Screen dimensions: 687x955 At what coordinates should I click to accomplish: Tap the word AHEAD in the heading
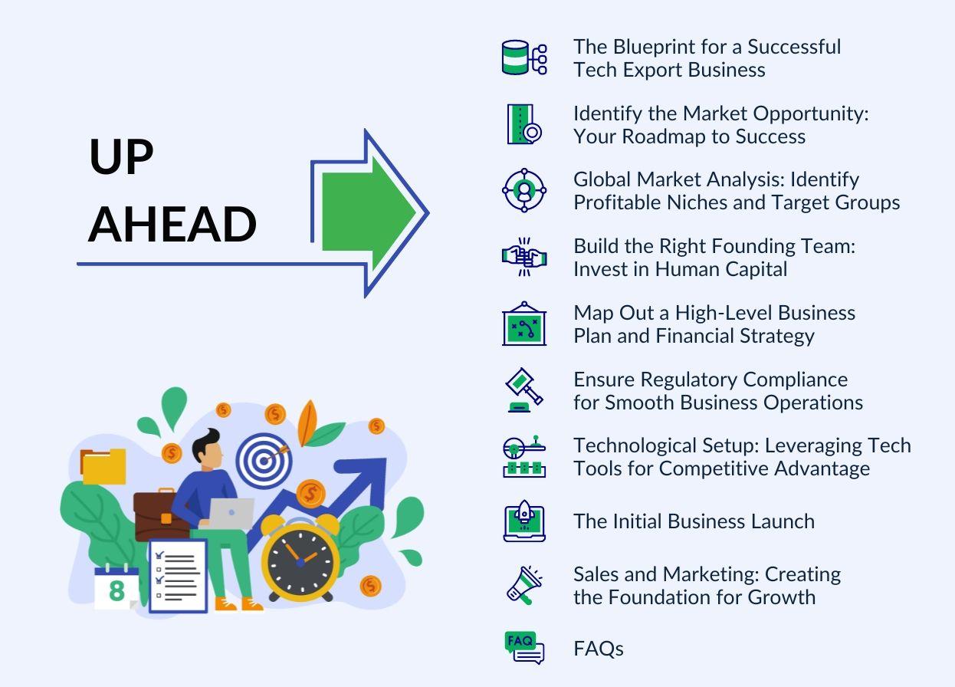click(172, 224)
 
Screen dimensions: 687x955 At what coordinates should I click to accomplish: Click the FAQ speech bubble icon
click(524, 647)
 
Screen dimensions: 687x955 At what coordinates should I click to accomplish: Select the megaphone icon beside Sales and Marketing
click(524, 586)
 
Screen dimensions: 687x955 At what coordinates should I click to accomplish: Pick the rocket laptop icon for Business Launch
click(524, 521)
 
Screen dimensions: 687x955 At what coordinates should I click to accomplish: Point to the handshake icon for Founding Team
click(524, 258)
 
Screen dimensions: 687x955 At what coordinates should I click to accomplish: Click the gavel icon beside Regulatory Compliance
click(524, 390)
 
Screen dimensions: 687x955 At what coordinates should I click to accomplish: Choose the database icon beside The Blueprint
click(524, 58)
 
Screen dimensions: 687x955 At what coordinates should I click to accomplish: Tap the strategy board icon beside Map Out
click(524, 324)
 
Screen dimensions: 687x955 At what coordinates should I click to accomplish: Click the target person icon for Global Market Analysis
click(524, 191)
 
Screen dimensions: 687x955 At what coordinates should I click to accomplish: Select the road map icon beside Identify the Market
click(524, 124)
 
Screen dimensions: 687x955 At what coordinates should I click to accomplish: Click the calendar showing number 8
click(117, 589)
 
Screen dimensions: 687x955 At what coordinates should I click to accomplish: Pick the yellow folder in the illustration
click(103, 466)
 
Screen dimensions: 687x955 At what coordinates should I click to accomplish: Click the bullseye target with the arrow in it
click(264, 459)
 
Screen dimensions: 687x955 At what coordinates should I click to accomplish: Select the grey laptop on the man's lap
click(230, 513)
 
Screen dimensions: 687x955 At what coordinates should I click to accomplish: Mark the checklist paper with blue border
click(178, 575)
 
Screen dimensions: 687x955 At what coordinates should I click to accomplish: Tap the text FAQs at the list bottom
click(599, 649)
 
